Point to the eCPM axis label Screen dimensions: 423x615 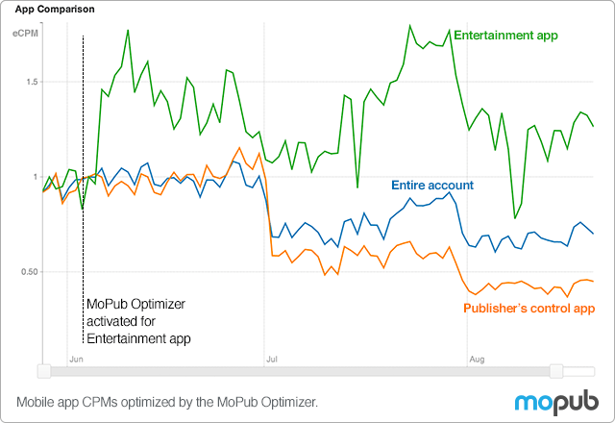(24, 35)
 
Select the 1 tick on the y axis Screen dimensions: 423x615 (35, 178)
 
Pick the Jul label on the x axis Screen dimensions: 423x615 (272, 358)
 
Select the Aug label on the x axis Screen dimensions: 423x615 (476, 358)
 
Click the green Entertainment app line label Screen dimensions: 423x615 (505, 36)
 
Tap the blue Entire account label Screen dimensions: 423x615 (432, 184)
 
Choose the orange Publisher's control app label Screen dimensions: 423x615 (529, 309)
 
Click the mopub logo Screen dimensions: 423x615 (554, 402)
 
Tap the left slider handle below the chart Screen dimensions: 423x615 (42, 371)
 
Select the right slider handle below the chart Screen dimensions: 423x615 (556, 371)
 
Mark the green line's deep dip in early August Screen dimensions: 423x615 (515, 218)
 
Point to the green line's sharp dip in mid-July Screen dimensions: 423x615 (357, 187)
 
